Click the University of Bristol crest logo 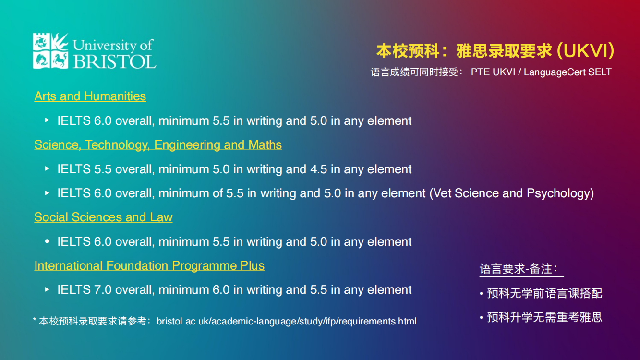(50, 50)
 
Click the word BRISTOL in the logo (114, 61)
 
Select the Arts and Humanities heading (90, 96)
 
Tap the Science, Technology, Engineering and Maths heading (158, 144)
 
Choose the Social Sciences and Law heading (103, 217)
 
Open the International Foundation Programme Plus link (149, 265)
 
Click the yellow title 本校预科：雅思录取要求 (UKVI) (495, 50)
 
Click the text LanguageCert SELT (568, 72)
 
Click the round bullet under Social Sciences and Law (47, 241)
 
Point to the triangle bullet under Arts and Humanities (47, 120)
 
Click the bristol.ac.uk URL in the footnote (286, 321)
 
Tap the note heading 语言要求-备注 (521, 269)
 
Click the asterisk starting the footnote (35, 321)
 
